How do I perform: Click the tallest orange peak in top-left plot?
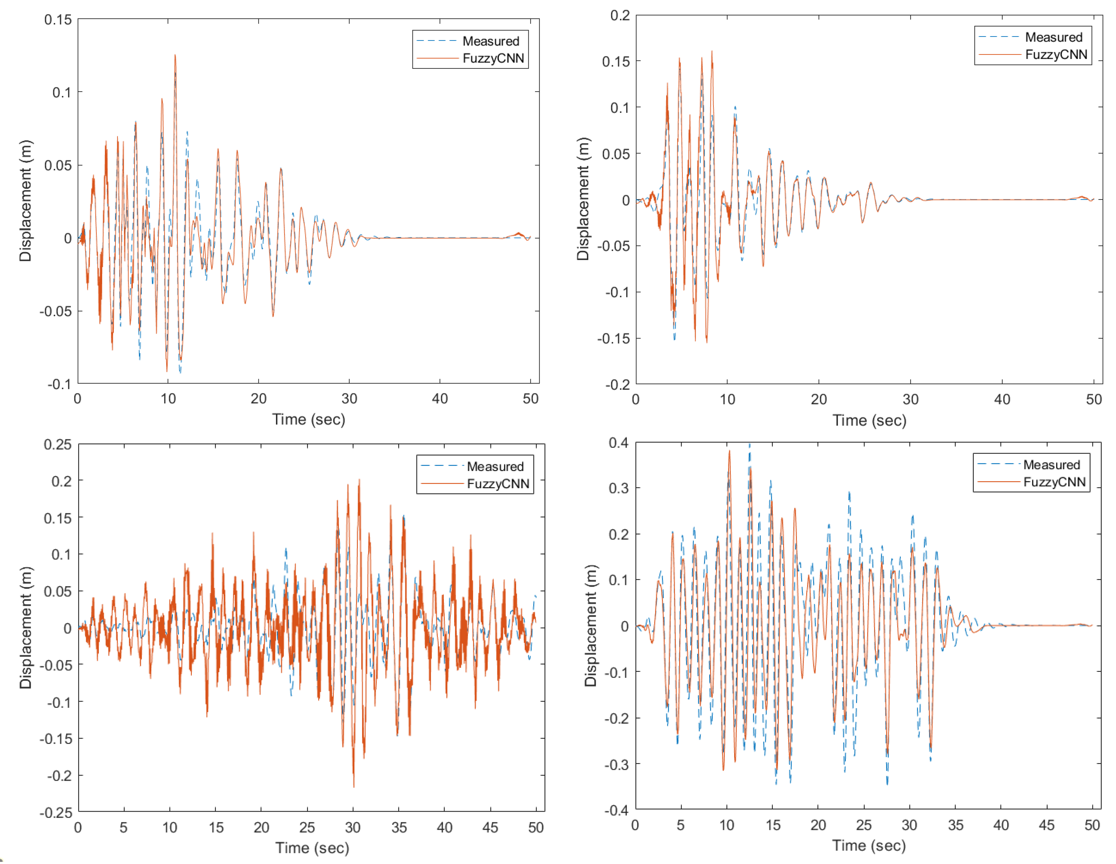[x=175, y=56]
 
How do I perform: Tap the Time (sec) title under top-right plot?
[x=869, y=420]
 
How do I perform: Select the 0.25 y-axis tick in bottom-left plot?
[x=58, y=444]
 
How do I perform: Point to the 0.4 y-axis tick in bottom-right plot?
[x=618, y=442]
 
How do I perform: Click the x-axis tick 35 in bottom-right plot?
[x=955, y=825]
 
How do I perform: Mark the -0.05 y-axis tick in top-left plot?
[x=56, y=311]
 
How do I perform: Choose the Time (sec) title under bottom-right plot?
[x=869, y=845]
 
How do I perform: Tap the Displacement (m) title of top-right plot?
[x=583, y=199]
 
